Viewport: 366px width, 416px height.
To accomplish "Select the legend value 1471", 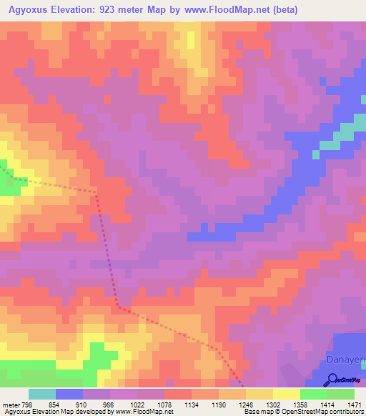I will (x=353, y=404).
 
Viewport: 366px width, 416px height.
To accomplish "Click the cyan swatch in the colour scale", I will (x=41, y=394).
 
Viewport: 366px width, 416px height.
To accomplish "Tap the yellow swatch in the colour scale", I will (x=286, y=394).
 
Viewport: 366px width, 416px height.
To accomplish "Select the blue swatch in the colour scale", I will (x=69, y=394).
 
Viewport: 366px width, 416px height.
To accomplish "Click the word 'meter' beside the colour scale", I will (x=11, y=404).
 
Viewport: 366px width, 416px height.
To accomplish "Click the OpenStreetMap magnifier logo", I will (x=334, y=380).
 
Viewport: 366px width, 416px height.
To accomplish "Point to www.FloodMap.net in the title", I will (x=227, y=9).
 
